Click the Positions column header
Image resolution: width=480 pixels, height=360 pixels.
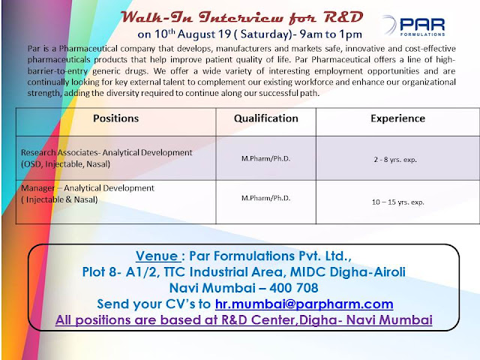tap(115, 118)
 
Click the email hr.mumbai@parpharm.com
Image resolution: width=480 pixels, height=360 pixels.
tap(304, 304)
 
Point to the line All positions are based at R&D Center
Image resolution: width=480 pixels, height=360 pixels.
tap(244, 319)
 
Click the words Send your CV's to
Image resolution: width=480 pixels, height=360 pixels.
tap(155, 304)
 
